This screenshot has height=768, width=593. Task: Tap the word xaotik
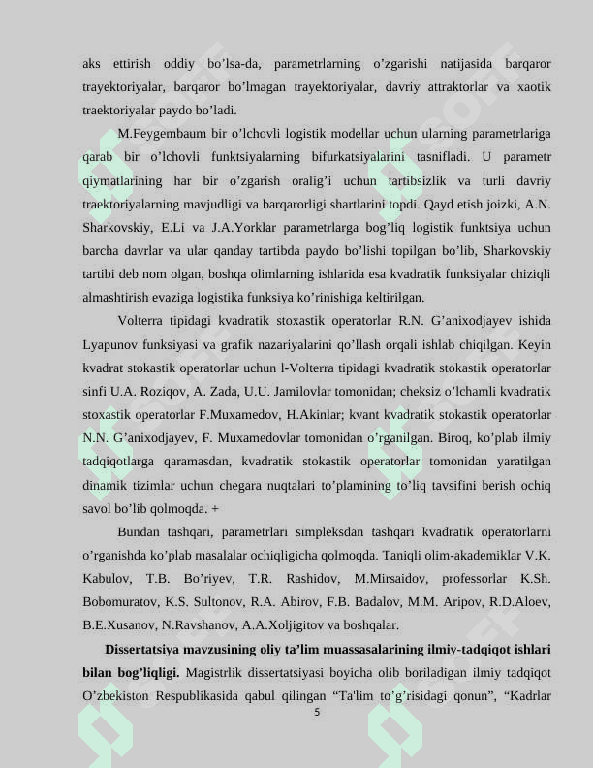[532, 87]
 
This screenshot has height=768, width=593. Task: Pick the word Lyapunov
[109, 344]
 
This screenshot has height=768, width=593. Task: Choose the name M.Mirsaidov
[390, 578]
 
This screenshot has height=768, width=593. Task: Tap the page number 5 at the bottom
[317, 712]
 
